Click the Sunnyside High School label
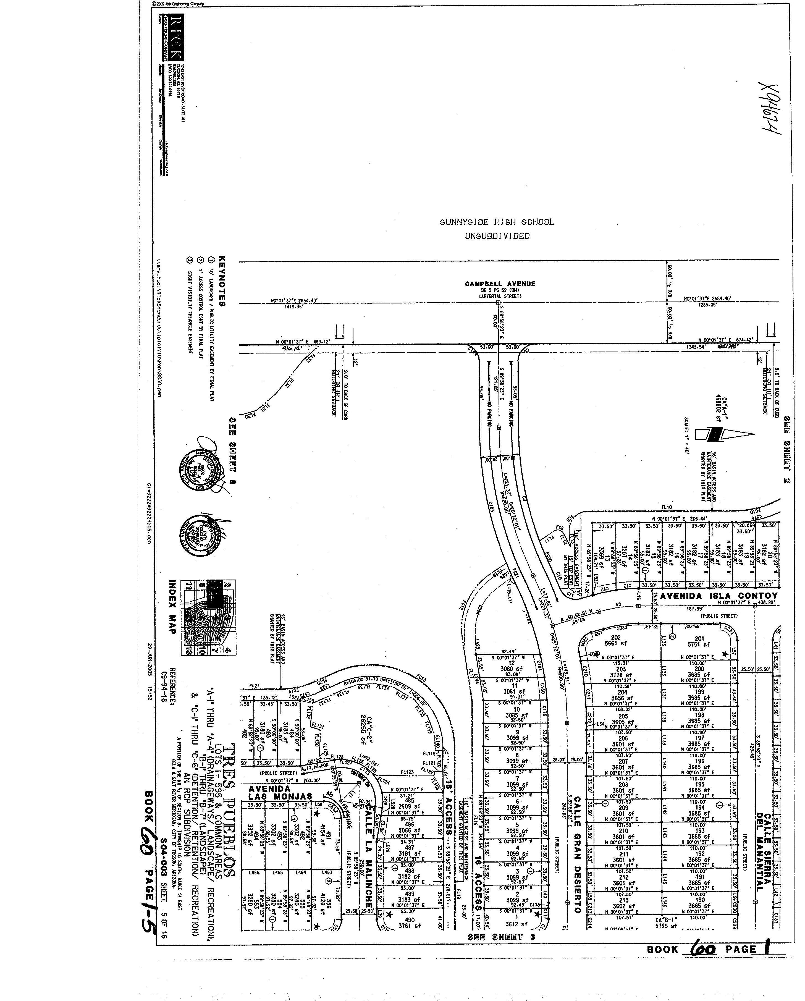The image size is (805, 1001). point(497,222)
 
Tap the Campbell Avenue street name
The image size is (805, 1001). point(500,284)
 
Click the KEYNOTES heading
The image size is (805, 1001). point(222,281)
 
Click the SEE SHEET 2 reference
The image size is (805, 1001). point(786,449)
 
